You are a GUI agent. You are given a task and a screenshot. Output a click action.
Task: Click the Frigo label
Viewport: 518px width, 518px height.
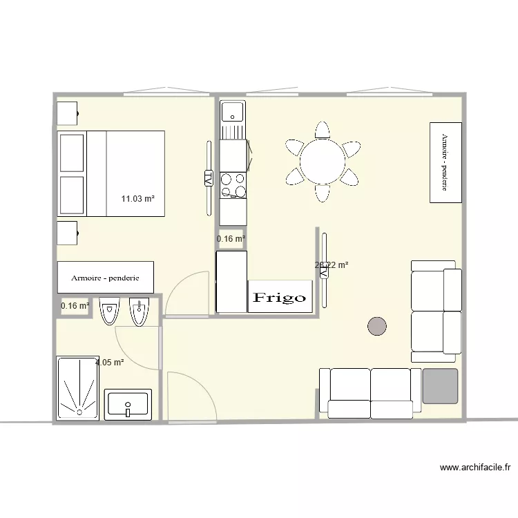[279, 298]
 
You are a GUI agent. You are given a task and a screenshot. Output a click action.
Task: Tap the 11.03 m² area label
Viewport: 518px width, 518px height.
[137, 199]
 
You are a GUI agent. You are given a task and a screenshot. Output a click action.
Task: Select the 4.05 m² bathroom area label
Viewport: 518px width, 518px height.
[110, 362]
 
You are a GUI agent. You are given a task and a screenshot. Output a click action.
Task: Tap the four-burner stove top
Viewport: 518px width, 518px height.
[233, 184]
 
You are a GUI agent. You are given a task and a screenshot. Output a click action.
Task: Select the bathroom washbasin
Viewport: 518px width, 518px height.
[128, 404]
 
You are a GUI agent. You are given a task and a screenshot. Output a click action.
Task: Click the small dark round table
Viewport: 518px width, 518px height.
[377, 326]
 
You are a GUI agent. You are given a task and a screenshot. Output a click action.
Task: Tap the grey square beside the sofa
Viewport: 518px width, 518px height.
[441, 385]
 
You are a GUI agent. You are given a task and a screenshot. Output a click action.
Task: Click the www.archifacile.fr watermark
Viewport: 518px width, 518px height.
[475, 468]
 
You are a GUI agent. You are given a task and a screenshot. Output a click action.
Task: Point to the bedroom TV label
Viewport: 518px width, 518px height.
[208, 178]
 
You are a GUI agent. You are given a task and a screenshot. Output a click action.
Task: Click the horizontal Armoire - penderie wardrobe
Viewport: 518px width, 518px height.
[105, 278]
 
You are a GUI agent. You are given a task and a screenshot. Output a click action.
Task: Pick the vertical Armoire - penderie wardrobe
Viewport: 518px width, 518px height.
[445, 162]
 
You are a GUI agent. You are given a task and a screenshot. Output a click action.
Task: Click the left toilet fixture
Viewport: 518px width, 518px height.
[109, 311]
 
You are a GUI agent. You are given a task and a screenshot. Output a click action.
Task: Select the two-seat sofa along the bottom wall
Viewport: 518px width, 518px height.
[370, 393]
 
